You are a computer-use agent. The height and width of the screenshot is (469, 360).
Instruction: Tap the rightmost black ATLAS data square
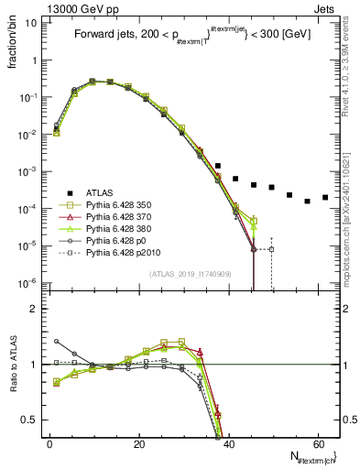[x=324, y=197]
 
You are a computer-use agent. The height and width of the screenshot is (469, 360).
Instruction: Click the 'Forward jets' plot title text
[x=105, y=36]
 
